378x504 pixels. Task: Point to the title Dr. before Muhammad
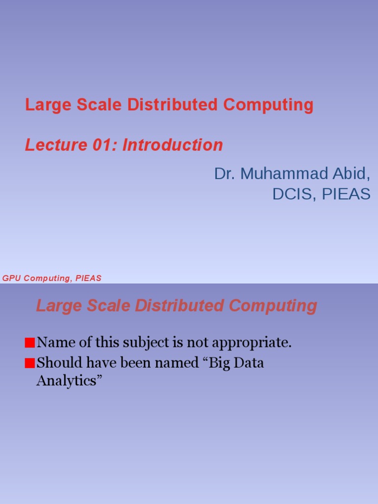click(x=223, y=174)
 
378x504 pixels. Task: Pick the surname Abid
click(x=351, y=174)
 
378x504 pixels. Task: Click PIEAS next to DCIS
click(x=346, y=194)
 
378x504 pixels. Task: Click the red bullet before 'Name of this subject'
click(x=30, y=343)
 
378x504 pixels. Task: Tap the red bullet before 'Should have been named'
click(x=30, y=364)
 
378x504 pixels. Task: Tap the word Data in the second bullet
click(x=251, y=363)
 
